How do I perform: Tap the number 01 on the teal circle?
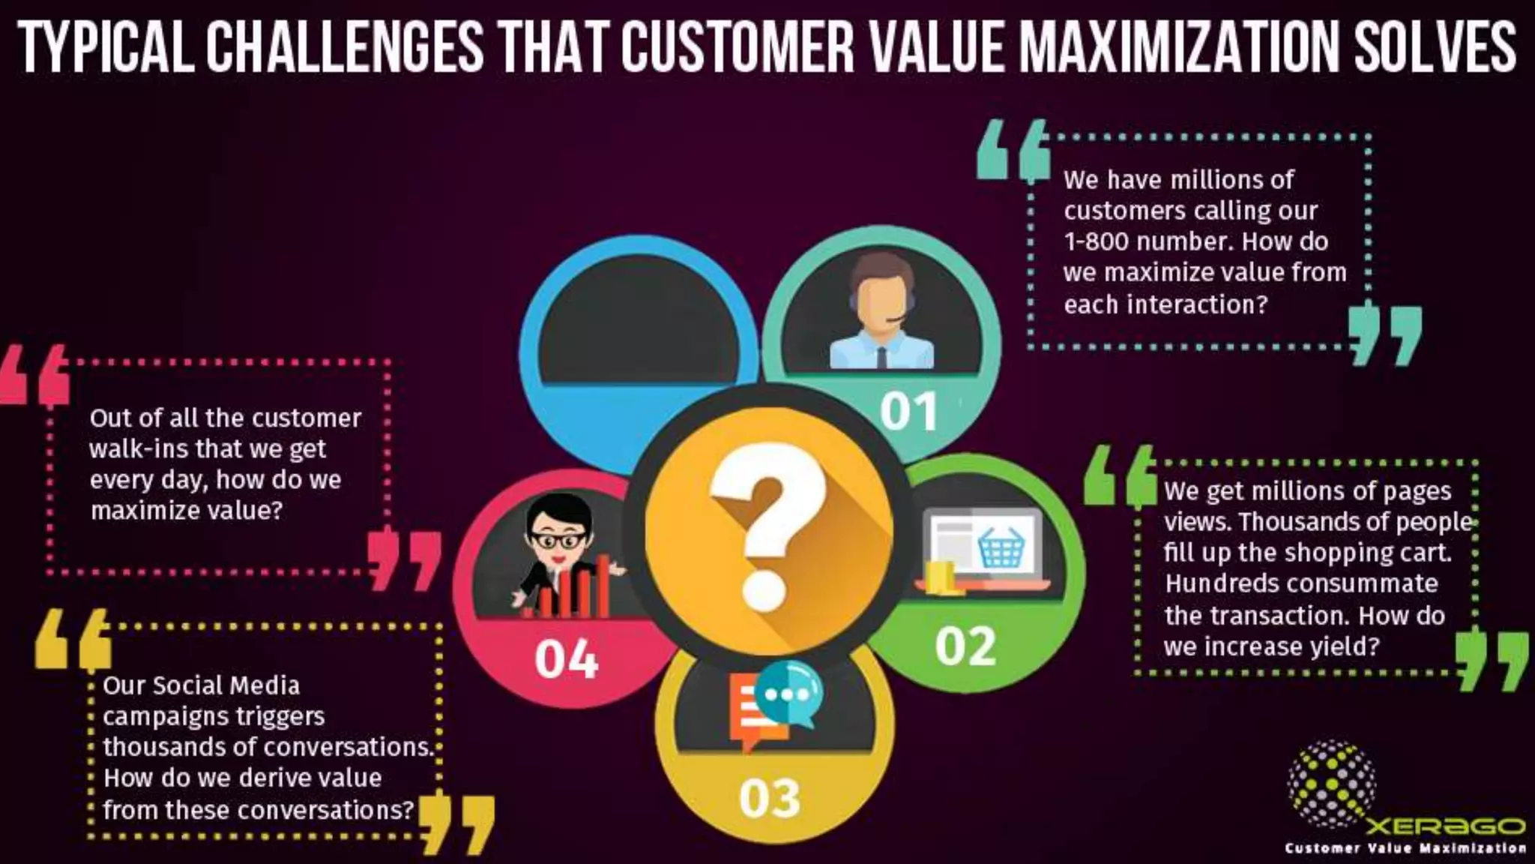(908, 412)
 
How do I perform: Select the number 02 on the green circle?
(965, 646)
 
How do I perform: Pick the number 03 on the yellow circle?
(770, 798)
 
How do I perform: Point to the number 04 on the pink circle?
(567, 659)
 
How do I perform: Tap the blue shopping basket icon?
(1001, 548)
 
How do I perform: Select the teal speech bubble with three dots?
(789, 694)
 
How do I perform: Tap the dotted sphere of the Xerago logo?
(1331, 783)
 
